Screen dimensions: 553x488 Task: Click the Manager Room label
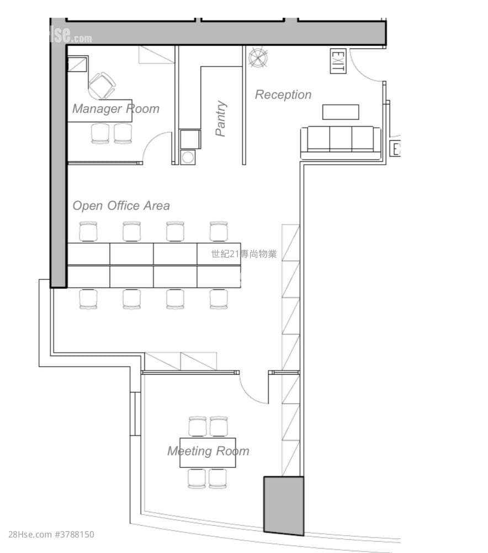[x=115, y=108]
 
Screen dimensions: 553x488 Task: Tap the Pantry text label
[x=221, y=118]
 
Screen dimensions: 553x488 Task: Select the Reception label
[x=283, y=95]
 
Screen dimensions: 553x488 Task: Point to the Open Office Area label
[x=121, y=206]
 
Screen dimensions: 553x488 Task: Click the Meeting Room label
[x=208, y=451]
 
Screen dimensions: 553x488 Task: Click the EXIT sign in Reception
[x=338, y=61]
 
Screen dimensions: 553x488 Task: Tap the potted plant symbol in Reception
[x=258, y=58]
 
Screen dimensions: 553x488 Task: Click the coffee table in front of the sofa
[x=341, y=112]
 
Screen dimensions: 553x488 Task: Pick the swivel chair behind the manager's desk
[x=102, y=85]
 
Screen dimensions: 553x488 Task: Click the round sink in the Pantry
[x=188, y=156]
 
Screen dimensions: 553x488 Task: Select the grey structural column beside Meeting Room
[x=284, y=505]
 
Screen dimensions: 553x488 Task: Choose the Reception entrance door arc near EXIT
[x=365, y=65]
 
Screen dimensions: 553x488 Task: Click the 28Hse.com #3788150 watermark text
[x=51, y=535]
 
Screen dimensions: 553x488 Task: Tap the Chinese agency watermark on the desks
[x=243, y=254]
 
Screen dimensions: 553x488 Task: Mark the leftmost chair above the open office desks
[x=88, y=231]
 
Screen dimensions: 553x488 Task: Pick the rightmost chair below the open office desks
[x=219, y=299]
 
